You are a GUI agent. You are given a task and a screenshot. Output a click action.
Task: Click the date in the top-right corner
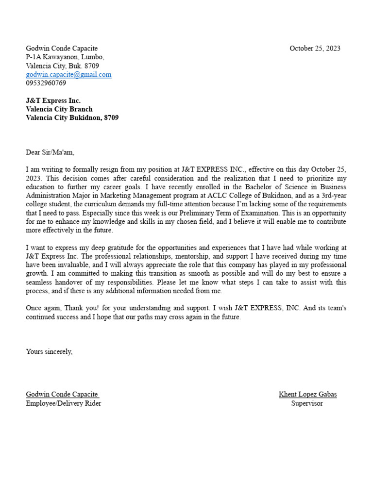click(x=315, y=48)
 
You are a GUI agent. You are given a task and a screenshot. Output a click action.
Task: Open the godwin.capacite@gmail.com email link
click(x=68, y=74)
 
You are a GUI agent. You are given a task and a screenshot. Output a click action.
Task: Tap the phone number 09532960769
click(x=46, y=83)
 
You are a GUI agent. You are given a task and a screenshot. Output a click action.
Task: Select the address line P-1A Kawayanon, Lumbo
click(x=65, y=57)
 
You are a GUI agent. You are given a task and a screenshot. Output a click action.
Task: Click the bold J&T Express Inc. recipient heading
click(x=53, y=100)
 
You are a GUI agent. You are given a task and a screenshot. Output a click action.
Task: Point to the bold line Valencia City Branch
click(x=59, y=109)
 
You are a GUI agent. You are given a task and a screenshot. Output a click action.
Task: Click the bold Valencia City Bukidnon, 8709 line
click(x=72, y=117)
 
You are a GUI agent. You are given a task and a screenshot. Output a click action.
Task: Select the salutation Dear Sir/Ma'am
click(x=51, y=152)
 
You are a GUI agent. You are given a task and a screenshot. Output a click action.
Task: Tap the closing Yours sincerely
click(x=49, y=351)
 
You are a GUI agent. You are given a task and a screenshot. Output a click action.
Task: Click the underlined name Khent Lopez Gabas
click(x=307, y=394)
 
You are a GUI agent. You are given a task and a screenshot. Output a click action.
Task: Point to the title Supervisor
click(x=307, y=403)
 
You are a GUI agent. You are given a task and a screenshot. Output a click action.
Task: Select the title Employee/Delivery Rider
click(x=64, y=403)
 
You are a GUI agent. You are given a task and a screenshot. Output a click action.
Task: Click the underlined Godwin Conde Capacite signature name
click(x=62, y=394)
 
